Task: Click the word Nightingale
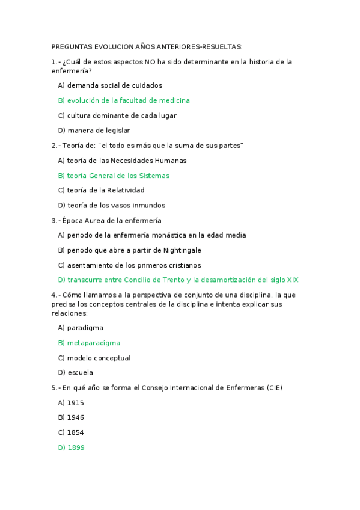(180, 250)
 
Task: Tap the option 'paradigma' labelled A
(85, 328)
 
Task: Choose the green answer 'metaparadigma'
(93, 343)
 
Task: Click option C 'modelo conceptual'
(99, 358)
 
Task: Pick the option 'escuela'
(80, 372)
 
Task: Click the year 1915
(76, 402)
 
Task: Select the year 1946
(76, 417)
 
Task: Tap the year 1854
(76, 432)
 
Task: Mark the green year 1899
(76, 447)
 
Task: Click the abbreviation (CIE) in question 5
(274, 388)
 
